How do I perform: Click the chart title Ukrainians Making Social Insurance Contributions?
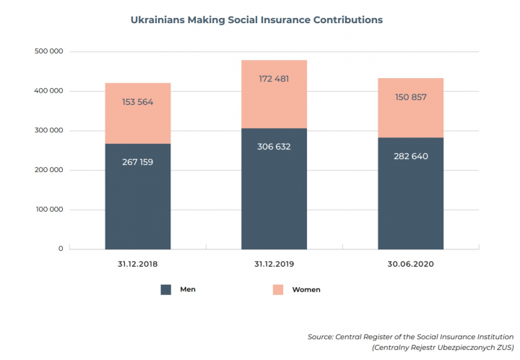(256, 20)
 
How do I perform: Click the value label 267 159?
(137, 162)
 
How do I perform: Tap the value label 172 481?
(274, 79)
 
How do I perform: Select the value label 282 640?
(410, 155)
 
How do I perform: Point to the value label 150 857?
(410, 96)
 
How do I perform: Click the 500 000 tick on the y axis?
(49, 52)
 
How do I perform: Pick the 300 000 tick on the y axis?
(49, 131)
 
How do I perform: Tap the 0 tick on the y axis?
(60, 249)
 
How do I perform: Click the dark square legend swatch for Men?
(166, 289)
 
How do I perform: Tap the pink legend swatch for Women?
(278, 289)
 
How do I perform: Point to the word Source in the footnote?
(321, 337)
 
